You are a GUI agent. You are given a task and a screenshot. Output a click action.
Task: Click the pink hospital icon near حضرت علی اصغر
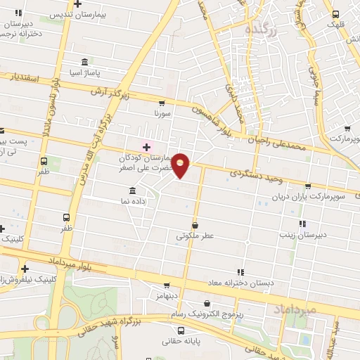146,146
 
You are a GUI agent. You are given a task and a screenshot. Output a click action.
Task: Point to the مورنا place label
162,112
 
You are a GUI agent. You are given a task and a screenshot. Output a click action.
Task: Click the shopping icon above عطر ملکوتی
195,226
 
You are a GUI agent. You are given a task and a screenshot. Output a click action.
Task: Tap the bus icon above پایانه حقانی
181,330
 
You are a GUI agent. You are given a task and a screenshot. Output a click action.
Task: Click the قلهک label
336,24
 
